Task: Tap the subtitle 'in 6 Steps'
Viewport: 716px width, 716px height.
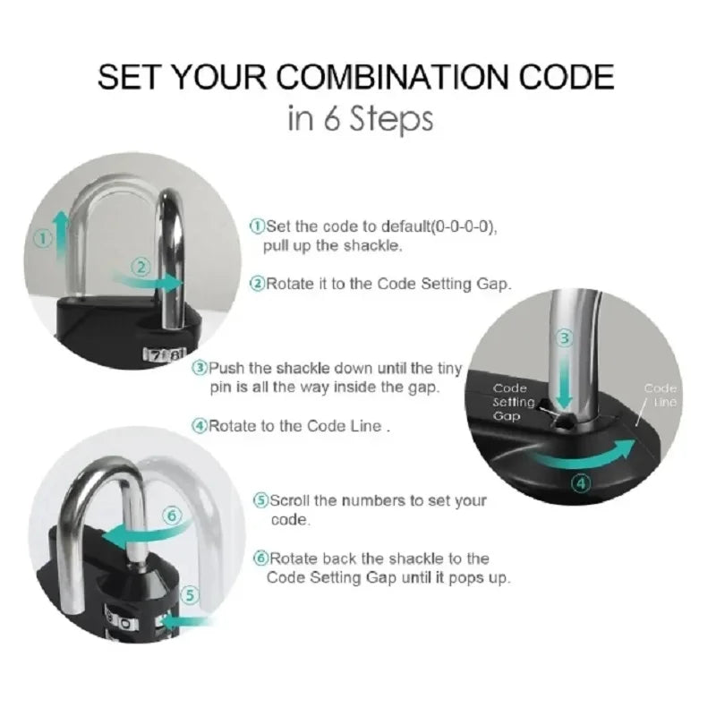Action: pos(360,119)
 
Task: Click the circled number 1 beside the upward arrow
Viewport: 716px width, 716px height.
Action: pos(41,239)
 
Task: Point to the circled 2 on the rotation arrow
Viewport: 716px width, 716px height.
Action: pos(141,266)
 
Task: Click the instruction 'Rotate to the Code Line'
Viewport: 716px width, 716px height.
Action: pos(299,427)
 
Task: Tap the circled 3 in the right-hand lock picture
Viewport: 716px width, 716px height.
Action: pos(564,338)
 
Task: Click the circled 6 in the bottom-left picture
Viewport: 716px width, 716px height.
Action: pos(173,515)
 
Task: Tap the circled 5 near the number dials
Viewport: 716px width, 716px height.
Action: pos(189,594)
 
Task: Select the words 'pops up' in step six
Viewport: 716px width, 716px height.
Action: pos(483,578)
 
